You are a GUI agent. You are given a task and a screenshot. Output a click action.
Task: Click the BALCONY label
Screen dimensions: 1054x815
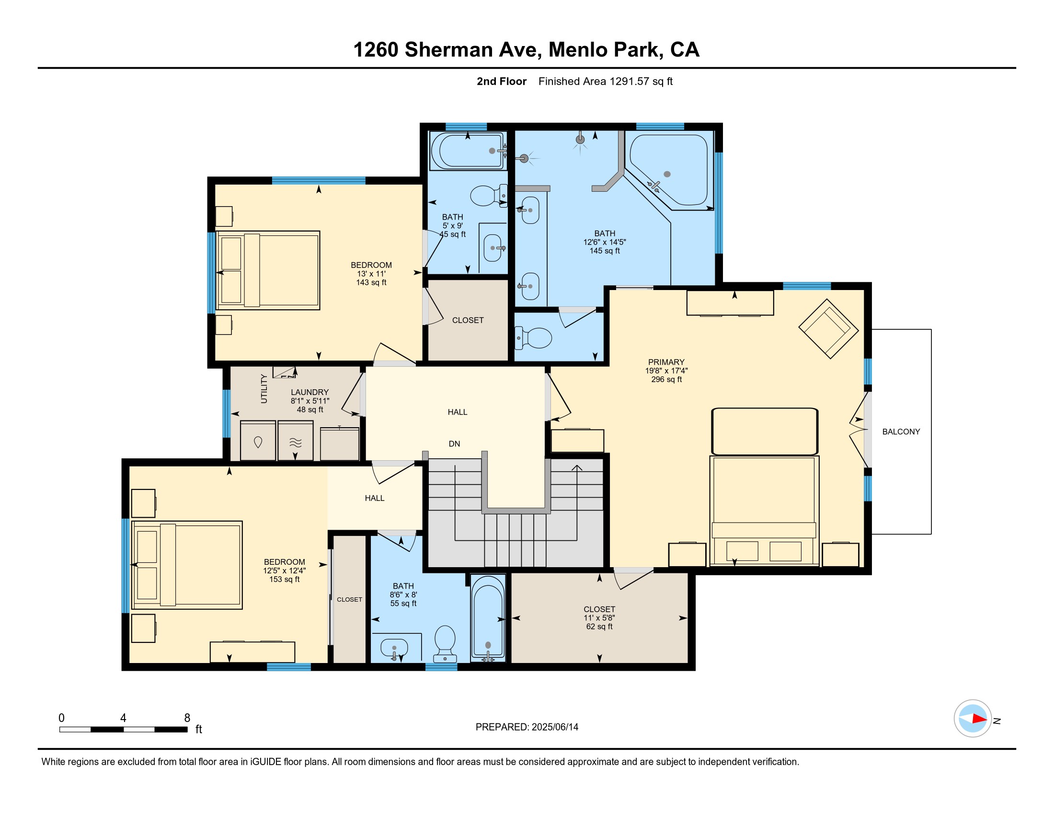click(901, 431)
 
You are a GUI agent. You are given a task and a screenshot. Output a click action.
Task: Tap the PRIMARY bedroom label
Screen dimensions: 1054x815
click(666, 362)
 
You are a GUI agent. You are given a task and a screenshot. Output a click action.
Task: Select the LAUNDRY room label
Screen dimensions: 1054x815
click(310, 392)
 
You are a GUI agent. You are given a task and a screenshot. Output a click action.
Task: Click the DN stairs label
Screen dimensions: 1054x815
click(454, 444)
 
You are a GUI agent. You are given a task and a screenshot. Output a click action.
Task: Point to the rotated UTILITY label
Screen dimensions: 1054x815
click(264, 388)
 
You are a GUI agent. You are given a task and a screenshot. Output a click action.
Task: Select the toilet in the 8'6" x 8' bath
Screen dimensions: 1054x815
click(445, 644)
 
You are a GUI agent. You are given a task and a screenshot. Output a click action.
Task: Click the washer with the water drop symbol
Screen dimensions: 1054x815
click(258, 440)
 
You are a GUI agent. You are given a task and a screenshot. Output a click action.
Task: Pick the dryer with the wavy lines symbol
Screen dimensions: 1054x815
click(295, 440)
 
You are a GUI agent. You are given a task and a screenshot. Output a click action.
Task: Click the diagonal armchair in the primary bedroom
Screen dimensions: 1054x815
click(828, 329)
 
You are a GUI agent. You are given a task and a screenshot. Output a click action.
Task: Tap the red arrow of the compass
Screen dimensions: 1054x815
click(979, 719)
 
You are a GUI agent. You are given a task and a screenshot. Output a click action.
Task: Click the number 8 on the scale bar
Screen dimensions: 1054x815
click(187, 718)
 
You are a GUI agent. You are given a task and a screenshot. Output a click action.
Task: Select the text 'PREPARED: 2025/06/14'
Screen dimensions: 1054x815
click(527, 727)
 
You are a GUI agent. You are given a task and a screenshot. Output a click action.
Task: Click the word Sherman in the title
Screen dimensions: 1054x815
click(470, 50)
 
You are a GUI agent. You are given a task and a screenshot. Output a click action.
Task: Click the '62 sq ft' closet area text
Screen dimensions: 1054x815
click(599, 627)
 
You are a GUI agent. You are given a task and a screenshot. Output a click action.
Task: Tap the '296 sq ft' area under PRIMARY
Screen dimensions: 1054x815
click(666, 380)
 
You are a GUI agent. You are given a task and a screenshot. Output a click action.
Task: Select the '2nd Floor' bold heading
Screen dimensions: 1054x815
click(502, 81)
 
